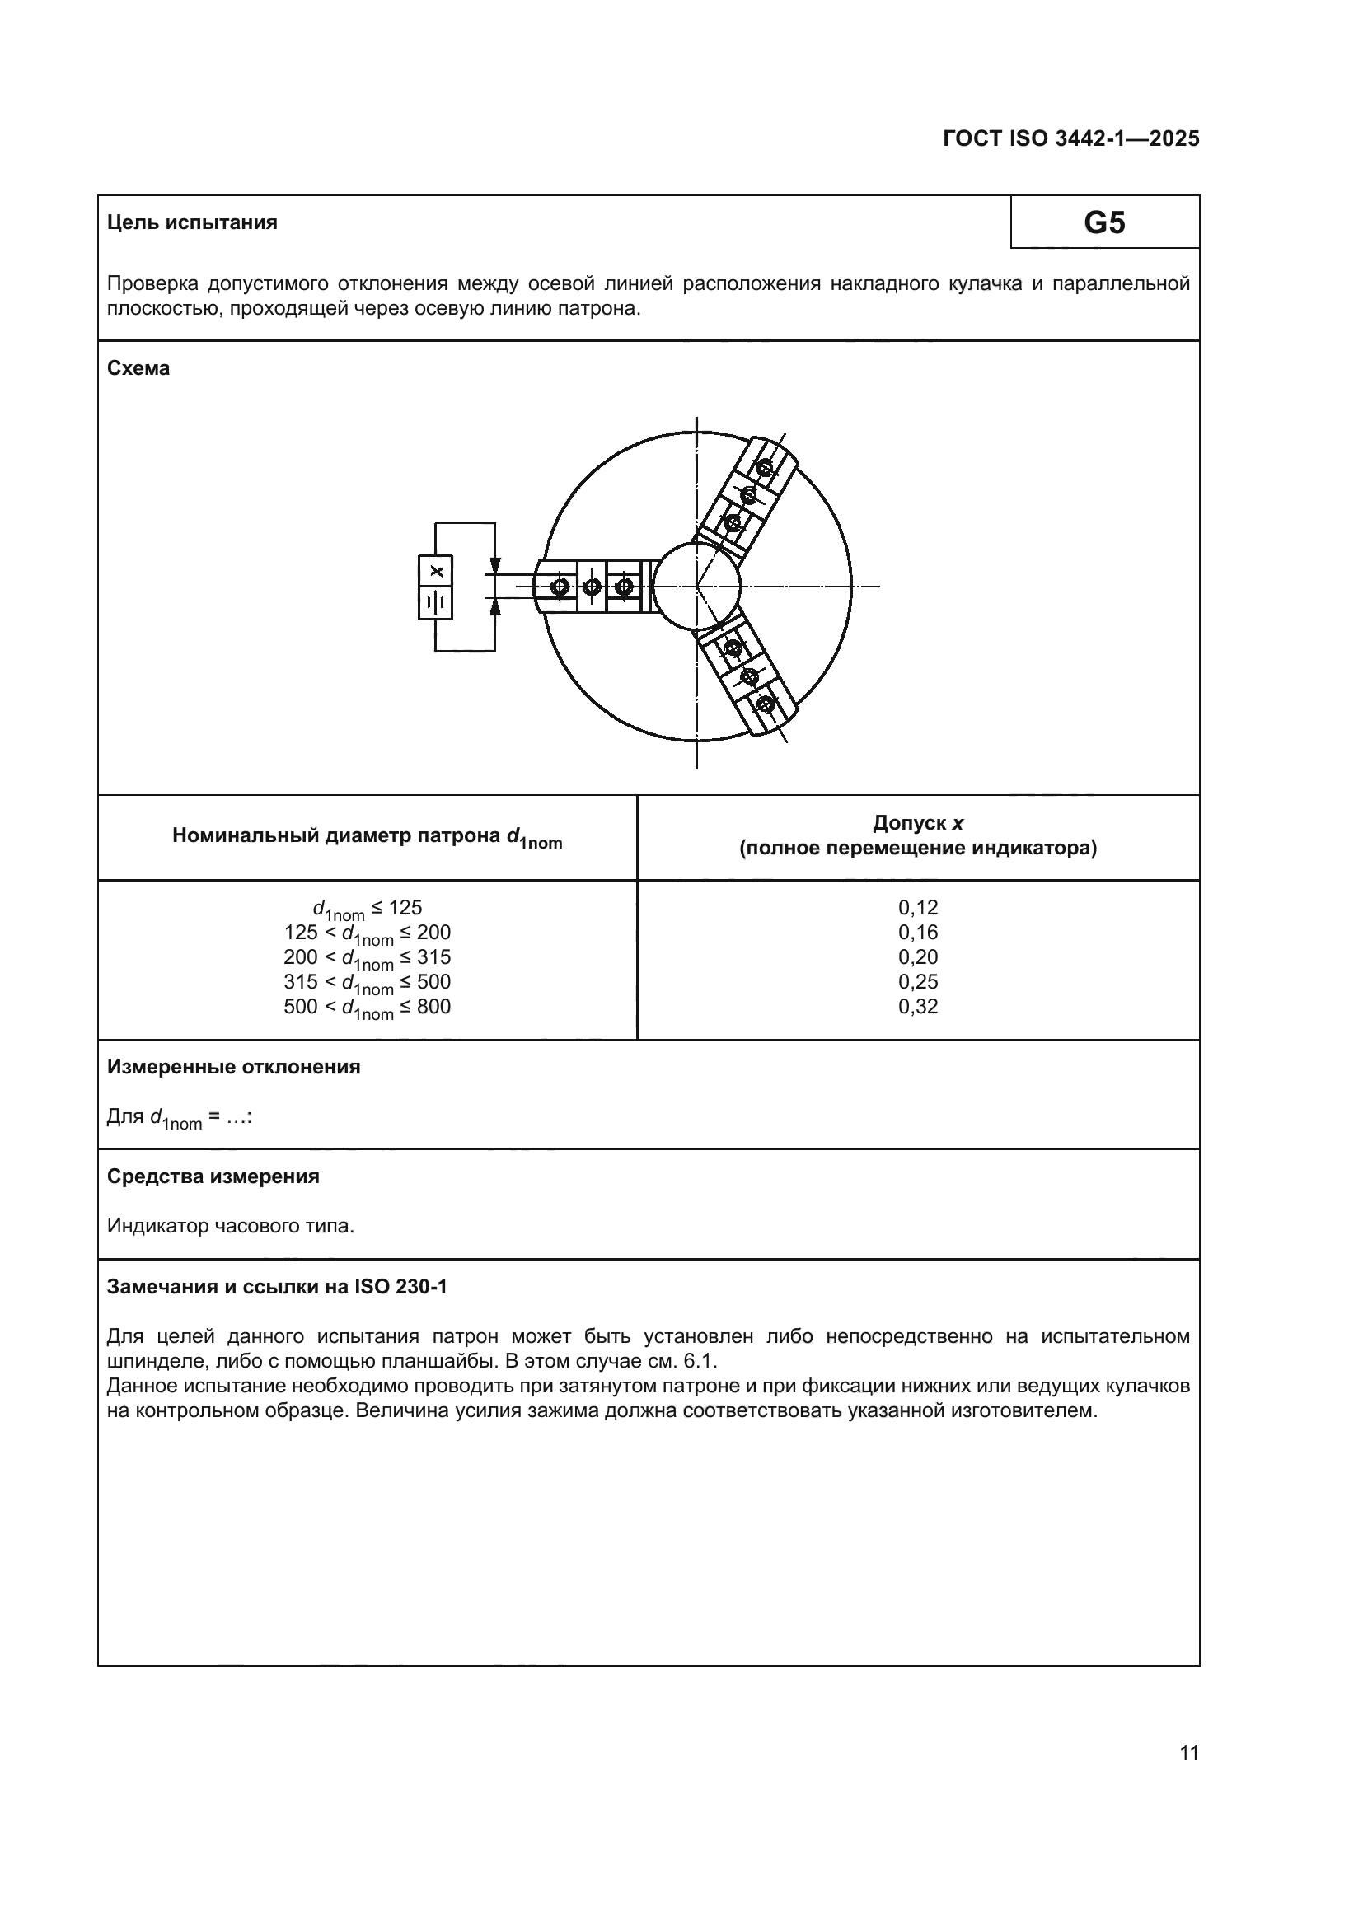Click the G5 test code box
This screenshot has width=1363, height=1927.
point(1103,222)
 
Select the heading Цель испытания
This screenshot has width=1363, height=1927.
point(192,223)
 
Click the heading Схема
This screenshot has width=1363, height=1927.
point(138,368)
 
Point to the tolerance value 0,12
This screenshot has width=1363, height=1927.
point(917,907)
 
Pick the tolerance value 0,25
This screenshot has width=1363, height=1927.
point(917,981)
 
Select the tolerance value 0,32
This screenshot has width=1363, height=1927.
point(917,1006)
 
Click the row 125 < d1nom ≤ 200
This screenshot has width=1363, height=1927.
point(367,933)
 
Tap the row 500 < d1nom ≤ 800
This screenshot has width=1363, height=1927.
point(367,1007)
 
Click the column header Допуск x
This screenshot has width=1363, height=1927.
point(917,822)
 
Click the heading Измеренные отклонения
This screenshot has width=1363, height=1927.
point(233,1067)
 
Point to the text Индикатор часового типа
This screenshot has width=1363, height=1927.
point(231,1226)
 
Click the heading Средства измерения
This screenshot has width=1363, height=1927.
point(213,1176)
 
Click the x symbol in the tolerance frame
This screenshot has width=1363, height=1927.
point(436,572)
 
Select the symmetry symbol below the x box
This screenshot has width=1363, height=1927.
point(436,602)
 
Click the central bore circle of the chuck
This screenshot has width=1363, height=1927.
point(696,587)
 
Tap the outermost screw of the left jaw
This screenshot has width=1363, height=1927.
point(560,587)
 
